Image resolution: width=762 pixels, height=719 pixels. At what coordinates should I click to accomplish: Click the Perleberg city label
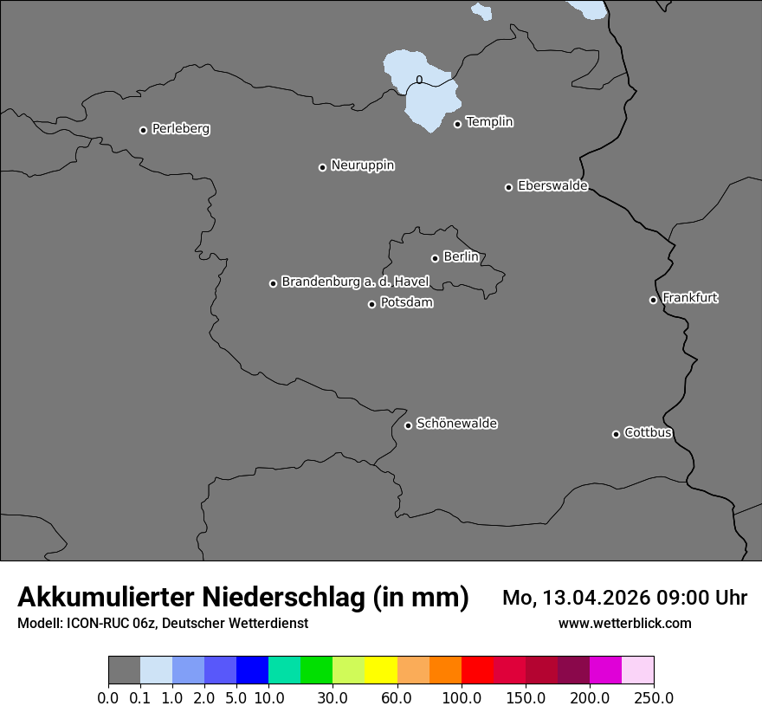180,129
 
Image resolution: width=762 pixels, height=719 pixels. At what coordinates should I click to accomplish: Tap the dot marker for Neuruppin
322,167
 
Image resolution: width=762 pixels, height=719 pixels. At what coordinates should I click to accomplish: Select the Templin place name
489,122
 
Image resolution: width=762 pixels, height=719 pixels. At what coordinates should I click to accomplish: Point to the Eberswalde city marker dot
508,187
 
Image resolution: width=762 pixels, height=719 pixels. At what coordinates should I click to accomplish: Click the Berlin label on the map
461,256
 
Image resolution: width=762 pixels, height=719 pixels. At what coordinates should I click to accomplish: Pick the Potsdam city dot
371,304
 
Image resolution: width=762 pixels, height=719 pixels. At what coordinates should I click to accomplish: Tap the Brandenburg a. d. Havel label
355,282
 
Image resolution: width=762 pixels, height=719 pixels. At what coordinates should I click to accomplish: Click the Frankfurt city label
690,298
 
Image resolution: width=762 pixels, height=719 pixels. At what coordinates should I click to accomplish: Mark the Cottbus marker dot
616,434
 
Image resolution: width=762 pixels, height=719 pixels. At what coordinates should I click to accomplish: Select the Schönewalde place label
456,424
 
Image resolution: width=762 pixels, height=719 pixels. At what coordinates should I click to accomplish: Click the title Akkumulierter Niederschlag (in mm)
243,598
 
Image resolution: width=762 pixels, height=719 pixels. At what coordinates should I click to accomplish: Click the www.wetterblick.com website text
624,624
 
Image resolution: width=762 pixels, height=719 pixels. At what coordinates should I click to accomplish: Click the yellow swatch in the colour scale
381,670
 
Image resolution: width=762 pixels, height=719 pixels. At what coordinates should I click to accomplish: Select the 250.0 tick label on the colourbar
654,697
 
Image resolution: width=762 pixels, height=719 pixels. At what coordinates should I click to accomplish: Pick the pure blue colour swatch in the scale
252,670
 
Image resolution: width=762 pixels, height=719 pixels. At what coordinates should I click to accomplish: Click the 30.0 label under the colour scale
333,697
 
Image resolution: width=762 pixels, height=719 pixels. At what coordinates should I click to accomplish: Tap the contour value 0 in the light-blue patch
419,80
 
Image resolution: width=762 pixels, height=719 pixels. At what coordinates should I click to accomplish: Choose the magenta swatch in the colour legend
605,670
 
